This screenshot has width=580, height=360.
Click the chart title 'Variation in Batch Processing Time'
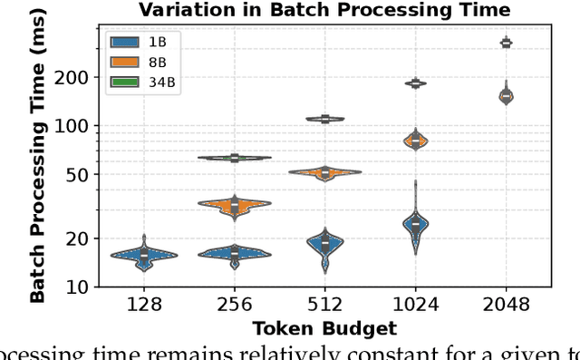coord(324,10)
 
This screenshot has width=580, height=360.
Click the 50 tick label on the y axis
coord(79,174)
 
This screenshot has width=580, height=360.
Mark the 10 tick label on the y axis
coord(79,287)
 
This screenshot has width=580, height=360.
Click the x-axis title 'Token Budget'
coord(324,327)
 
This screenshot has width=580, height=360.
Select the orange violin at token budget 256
coord(234,206)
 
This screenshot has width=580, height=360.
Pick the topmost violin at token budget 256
coord(234,158)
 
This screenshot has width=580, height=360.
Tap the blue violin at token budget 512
coord(324,243)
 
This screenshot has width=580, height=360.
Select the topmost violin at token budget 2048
coord(506,43)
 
